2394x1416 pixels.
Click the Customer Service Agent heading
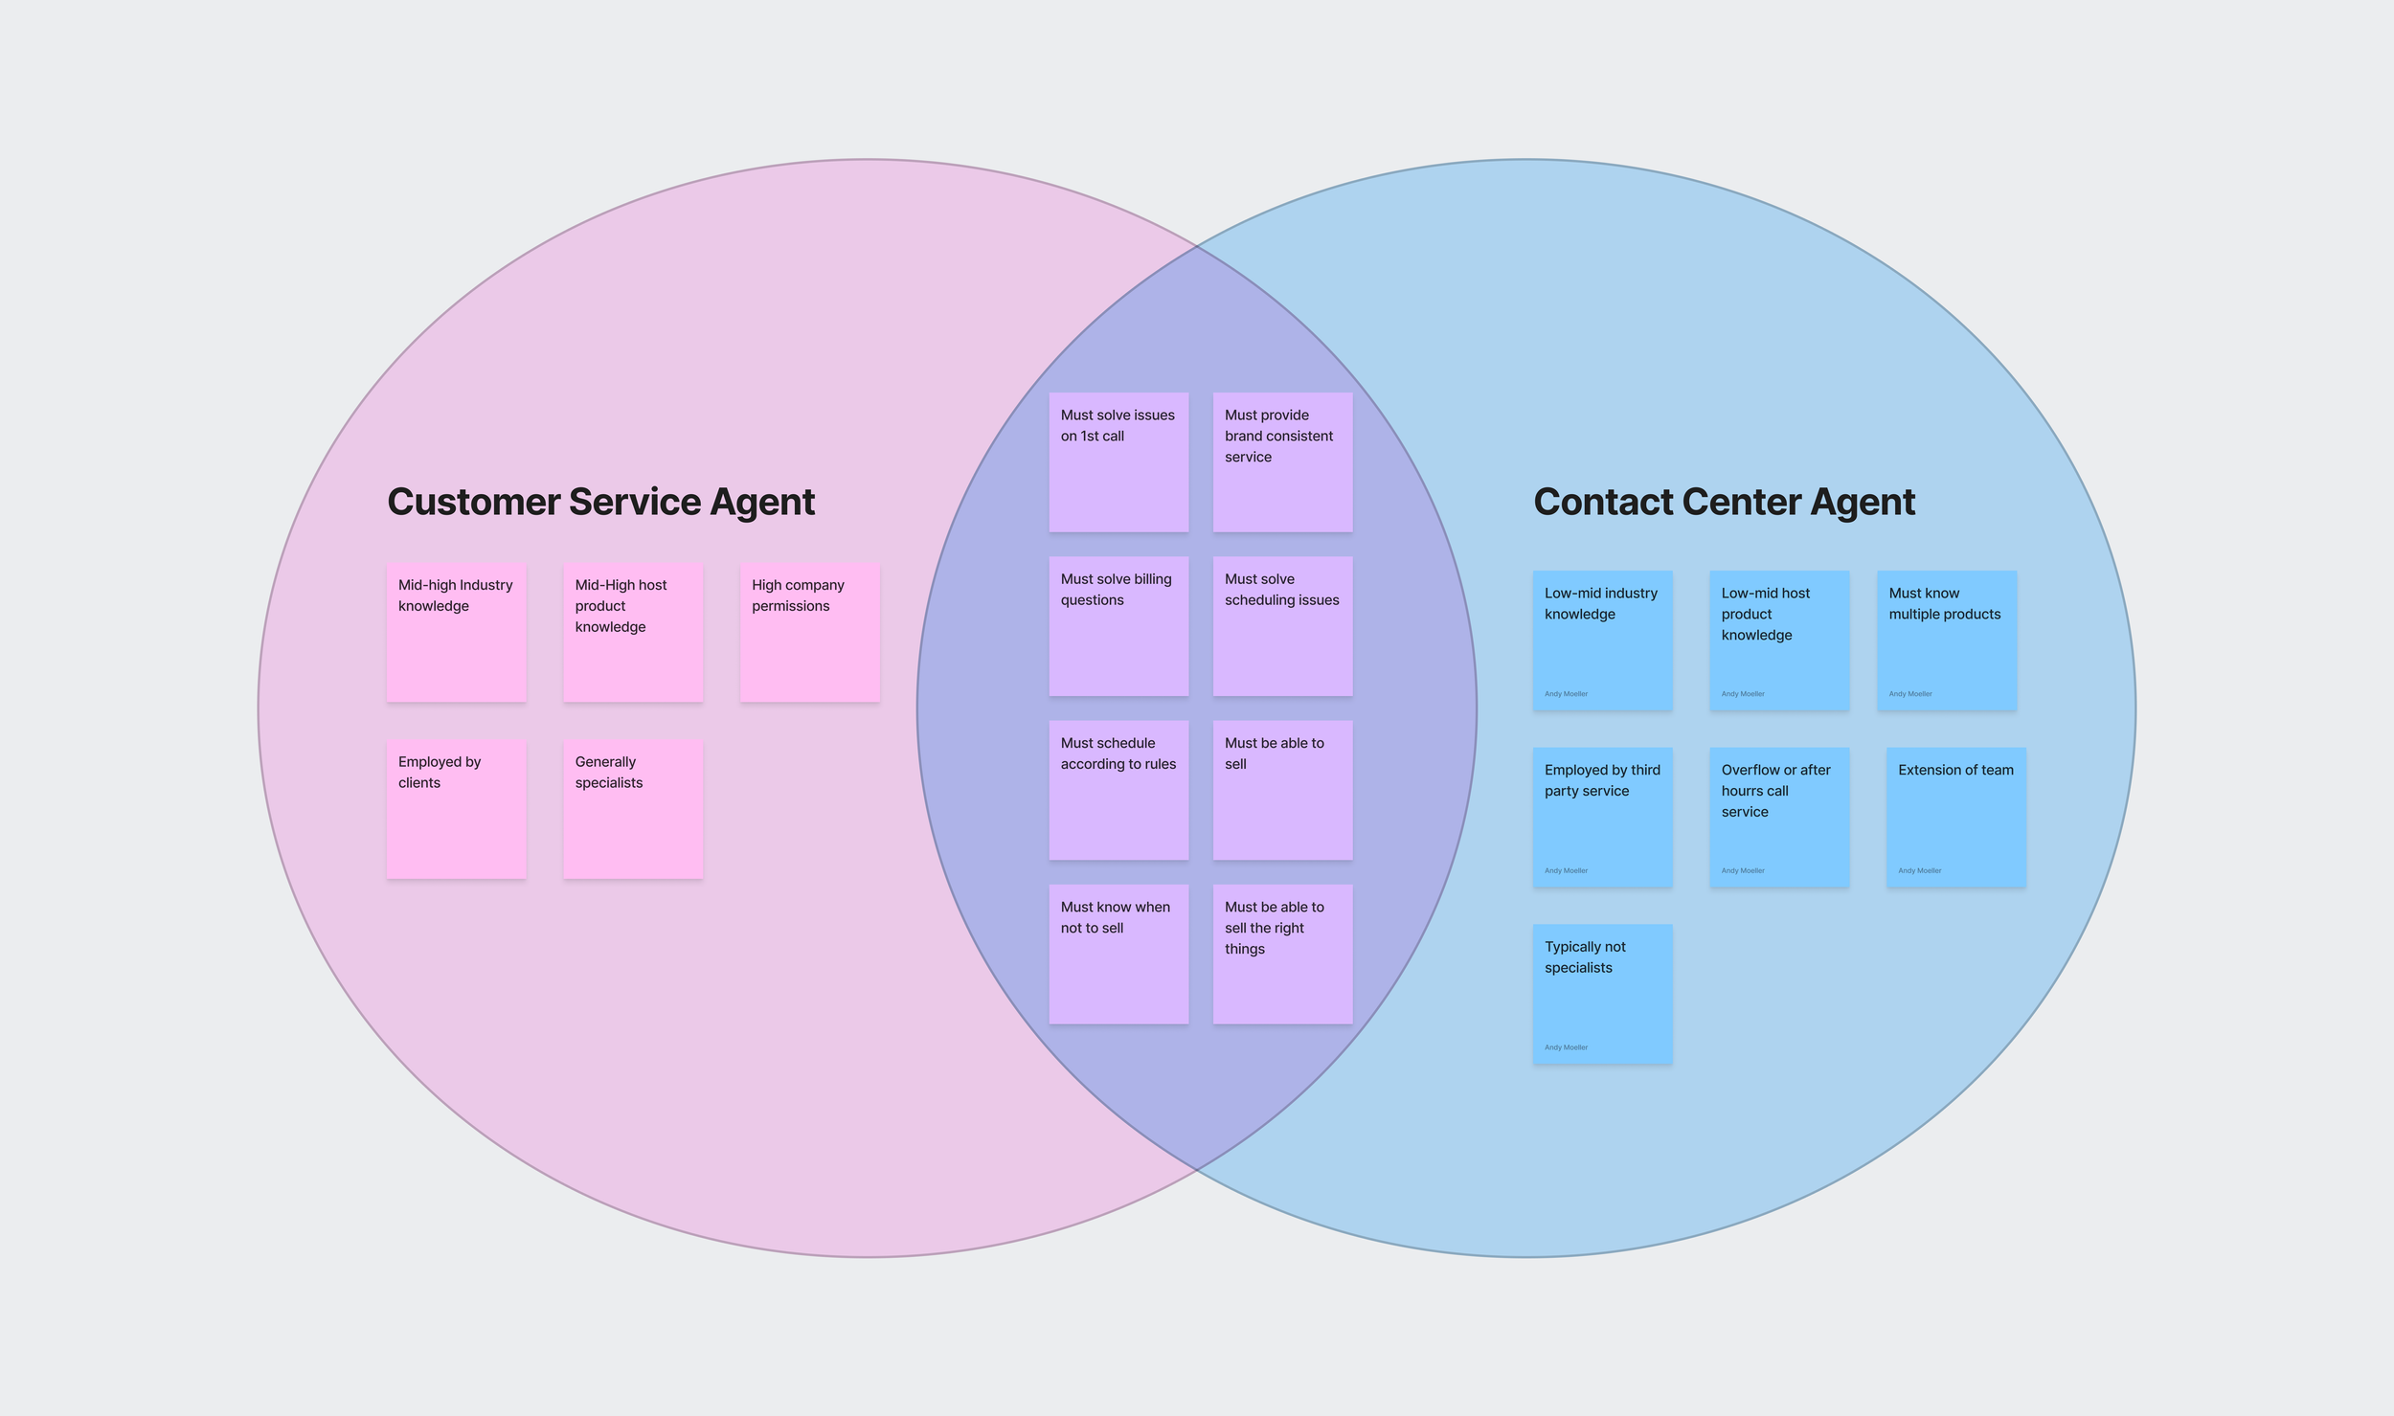[x=600, y=502]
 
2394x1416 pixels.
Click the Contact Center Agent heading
[x=1724, y=502]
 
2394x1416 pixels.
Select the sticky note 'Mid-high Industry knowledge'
[x=456, y=633]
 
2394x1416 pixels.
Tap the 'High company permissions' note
[x=809, y=633]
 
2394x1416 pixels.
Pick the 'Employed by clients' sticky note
[x=456, y=809]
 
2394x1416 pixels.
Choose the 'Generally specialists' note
[x=633, y=809]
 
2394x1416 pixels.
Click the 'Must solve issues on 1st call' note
[x=1118, y=461]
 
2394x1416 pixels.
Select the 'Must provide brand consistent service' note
[x=1282, y=461]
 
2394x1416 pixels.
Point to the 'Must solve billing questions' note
[x=1118, y=626]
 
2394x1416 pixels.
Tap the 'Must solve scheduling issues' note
[x=1282, y=626]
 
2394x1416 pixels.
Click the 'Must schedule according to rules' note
[x=1118, y=790]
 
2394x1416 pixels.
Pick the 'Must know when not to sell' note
[x=1118, y=954]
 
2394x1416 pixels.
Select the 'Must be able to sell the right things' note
[x=1282, y=954]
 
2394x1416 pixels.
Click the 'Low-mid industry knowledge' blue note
[x=1602, y=641]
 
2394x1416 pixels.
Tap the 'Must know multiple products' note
[x=1946, y=641]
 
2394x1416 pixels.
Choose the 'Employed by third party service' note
[x=1602, y=817]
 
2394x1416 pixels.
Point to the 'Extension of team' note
[x=1955, y=817]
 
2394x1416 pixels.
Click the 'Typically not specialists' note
[x=1602, y=994]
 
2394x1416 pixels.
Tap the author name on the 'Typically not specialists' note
[x=1566, y=1047]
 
